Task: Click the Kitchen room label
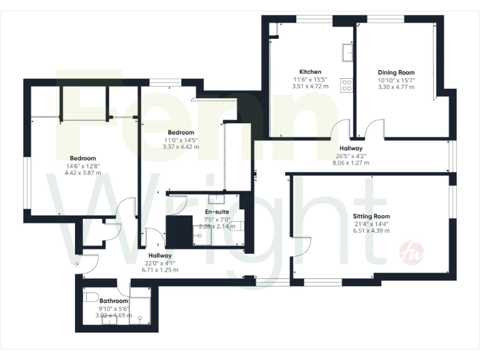(310, 71)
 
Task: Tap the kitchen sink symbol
(346, 51)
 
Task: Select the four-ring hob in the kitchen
(346, 84)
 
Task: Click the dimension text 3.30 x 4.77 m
(396, 87)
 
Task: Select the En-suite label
(217, 212)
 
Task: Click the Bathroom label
(113, 301)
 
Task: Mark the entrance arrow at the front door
(76, 264)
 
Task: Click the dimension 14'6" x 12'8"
(82, 166)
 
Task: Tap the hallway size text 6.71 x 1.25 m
(161, 270)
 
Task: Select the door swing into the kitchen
(341, 129)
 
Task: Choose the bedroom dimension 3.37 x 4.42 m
(180, 147)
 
